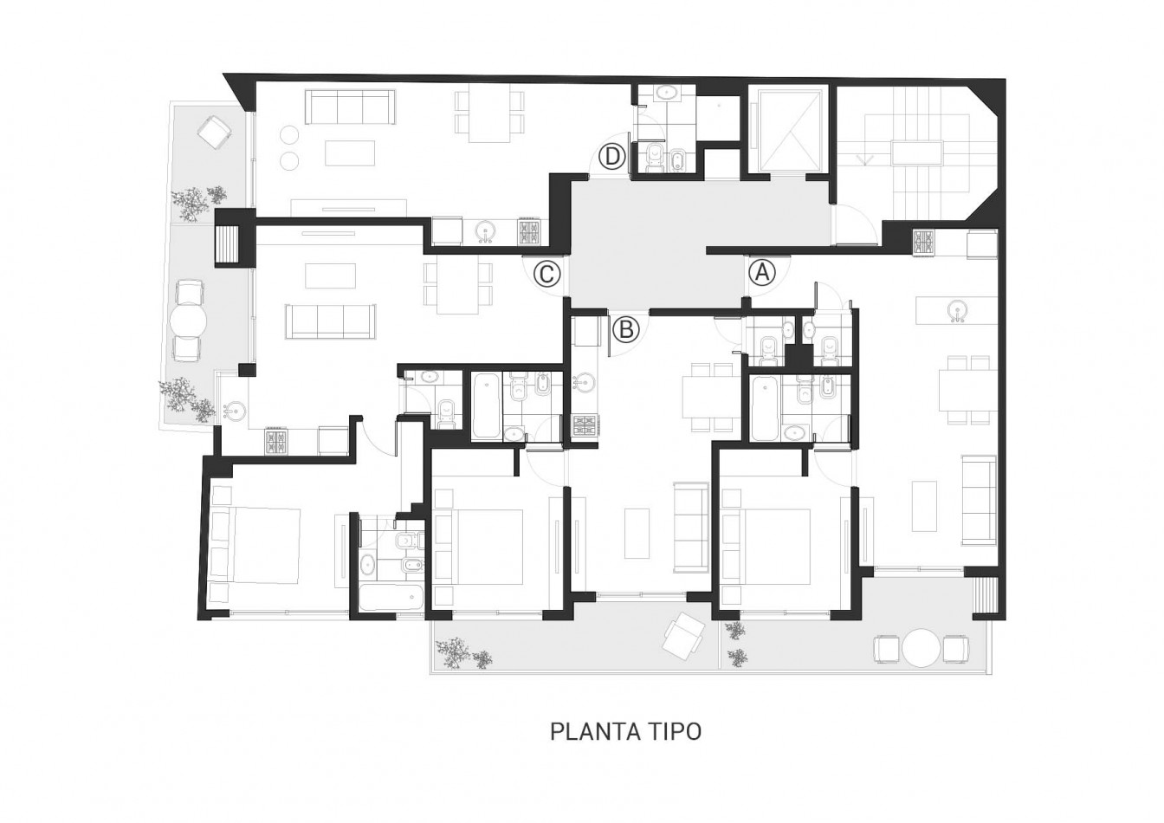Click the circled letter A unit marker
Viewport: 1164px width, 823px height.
click(x=761, y=272)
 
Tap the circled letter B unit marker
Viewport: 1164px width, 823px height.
click(x=626, y=329)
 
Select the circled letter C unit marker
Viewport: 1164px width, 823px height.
click(x=547, y=274)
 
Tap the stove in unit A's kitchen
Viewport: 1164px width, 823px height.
click(x=924, y=243)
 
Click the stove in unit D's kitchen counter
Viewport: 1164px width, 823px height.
click(x=530, y=231)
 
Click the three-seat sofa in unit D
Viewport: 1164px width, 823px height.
click(x=350, y=107)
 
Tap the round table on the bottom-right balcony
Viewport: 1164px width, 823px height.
click(x=921, y=648)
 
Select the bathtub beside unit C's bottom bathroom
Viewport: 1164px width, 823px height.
click(x=391, y=599)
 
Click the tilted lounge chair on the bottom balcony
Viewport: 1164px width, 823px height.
click(x=684, y=635)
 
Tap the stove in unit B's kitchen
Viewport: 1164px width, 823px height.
click(x=585, y=425)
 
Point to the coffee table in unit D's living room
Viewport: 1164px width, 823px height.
click(x=350, y=152)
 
